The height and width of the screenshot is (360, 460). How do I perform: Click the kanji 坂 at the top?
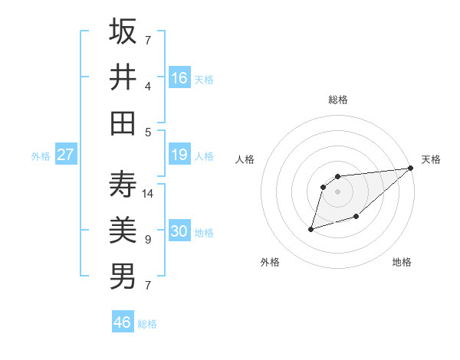coord(123,32)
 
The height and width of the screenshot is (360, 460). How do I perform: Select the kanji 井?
coord(123,77)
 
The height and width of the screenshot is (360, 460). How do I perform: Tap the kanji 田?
coord(123,123)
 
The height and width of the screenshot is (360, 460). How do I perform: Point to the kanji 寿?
coord(123,184)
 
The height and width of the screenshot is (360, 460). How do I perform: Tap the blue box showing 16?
coord(179,77)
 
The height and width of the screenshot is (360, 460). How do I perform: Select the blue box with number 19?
coord(179,155)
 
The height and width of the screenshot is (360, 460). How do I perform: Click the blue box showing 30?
coord(179,231)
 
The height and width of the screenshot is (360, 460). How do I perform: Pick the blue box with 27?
coord(66,155)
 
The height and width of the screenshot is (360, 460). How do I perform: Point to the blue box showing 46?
coord(123,322)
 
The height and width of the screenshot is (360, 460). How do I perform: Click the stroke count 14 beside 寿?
coord(148,194)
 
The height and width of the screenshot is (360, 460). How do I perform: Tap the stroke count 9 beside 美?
coord(147,240)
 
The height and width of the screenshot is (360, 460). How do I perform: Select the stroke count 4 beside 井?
coord(147,87)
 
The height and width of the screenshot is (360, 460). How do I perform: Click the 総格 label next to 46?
coord(147,324)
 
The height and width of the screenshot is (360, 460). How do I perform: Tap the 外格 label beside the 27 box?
coord(41,156)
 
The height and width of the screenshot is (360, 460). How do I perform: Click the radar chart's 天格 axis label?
coord(431,159)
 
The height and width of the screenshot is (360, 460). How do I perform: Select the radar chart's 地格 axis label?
coord(402,262)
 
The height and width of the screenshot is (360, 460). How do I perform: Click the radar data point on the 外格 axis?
coord(311,228)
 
